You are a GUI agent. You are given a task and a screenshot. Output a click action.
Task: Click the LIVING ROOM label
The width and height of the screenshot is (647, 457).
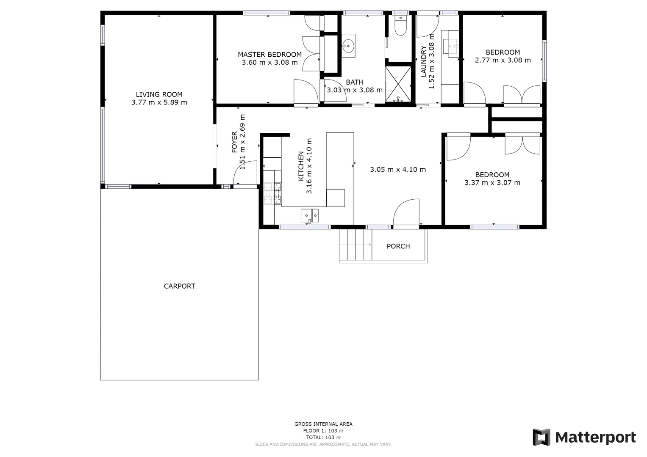coord(159,94)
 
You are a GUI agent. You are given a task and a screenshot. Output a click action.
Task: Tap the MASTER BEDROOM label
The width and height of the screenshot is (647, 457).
coord(269,54)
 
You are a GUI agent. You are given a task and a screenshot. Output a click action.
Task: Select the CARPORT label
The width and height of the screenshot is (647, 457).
coord(179,286)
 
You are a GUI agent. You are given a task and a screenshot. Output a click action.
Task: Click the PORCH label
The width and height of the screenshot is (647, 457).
coord(398,246)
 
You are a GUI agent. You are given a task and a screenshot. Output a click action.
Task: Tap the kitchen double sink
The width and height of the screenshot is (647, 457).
coord(310,215)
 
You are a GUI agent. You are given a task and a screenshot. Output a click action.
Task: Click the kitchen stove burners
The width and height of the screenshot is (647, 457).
coord(272,193)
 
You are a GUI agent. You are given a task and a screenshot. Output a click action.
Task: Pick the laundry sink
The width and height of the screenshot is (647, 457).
coord(451,44)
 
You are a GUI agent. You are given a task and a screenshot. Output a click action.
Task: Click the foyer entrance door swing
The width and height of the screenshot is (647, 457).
coord(245,173)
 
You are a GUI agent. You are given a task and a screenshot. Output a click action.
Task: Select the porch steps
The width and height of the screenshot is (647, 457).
coord(355,245)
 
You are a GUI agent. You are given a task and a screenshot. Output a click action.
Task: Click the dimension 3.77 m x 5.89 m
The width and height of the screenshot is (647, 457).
coord(159,102)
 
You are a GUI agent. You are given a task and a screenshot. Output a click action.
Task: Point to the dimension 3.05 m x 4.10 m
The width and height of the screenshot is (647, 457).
coord(398,169)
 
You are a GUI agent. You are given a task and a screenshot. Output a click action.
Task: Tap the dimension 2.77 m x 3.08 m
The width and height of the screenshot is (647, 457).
coord(503,60)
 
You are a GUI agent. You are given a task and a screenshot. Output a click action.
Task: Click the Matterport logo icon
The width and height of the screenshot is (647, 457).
coord(541,437)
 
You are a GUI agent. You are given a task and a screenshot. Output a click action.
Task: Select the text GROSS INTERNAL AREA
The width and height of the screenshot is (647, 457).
coord(323,424)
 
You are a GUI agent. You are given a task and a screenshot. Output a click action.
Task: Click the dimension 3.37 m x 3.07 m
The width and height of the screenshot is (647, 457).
coord(492,183)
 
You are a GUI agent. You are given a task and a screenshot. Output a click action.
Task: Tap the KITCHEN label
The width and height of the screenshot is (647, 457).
coord(301,166)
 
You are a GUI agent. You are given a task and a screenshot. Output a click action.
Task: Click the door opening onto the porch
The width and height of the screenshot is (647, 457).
coord(406,213)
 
